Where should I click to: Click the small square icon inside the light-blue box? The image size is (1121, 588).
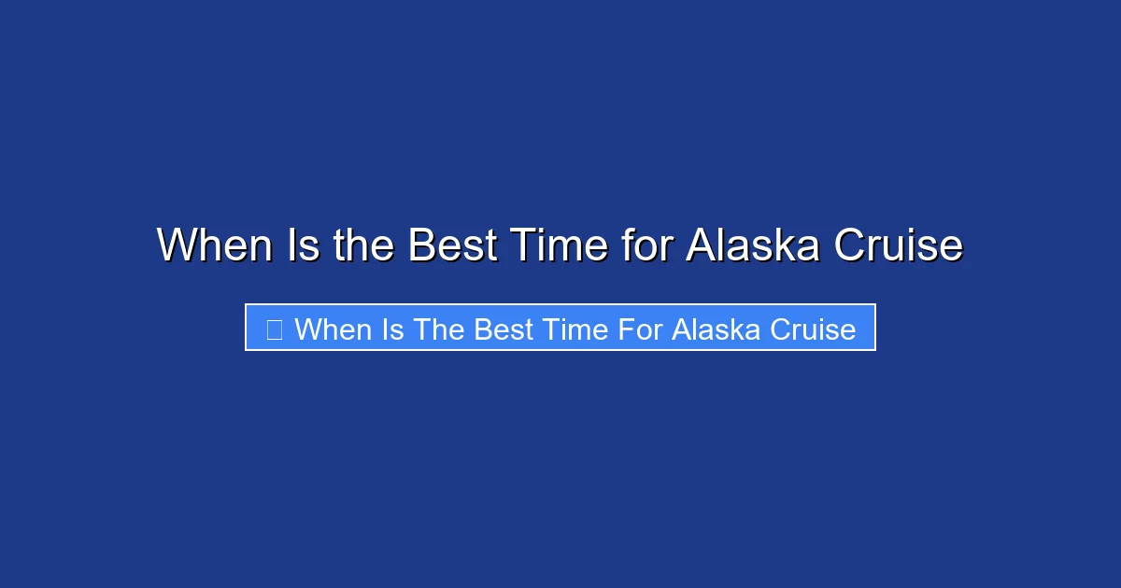pyautogui.click(x=274, y=329)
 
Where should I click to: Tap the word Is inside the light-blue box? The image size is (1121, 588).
pyautogui.click(x=392, y=329)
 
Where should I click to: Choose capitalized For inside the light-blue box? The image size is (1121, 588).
pyautogui.click(x=640, y=329)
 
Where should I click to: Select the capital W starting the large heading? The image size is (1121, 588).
pyautogui.click(x=177, y=245)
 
